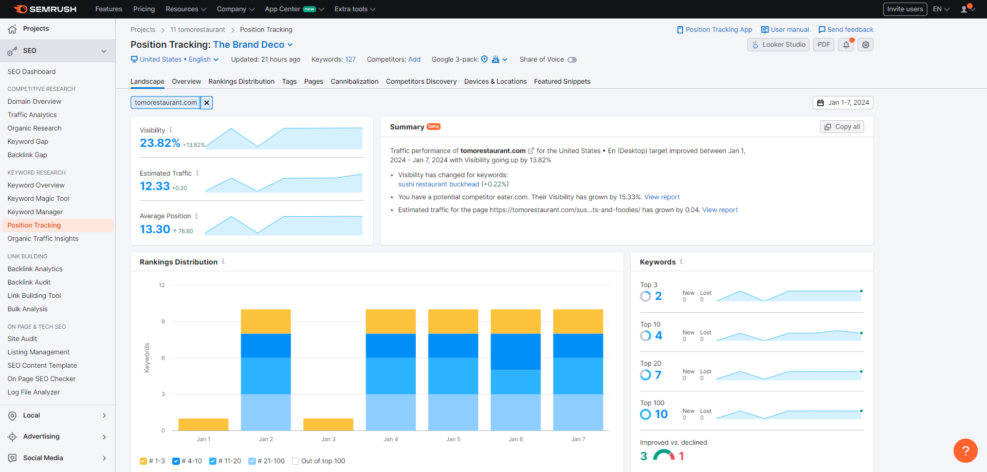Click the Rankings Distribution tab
[241, 81]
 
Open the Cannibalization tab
[354, 81]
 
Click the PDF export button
[824, 45]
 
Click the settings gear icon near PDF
[866, 45]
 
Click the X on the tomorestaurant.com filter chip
[207, 103]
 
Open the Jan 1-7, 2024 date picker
[843, 103]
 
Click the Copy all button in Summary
[842, 127]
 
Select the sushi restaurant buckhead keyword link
[438, 184]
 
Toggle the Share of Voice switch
[572, 60]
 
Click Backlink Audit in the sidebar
[29, 282]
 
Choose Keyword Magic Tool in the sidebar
[38, 198]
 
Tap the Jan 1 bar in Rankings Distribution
[203, 424]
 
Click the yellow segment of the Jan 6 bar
[516, 322]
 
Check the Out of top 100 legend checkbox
[296, 461]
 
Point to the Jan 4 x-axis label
[391, 439]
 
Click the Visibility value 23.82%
[160, 143]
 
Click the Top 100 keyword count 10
[661, 414]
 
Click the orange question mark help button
[965, 450]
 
